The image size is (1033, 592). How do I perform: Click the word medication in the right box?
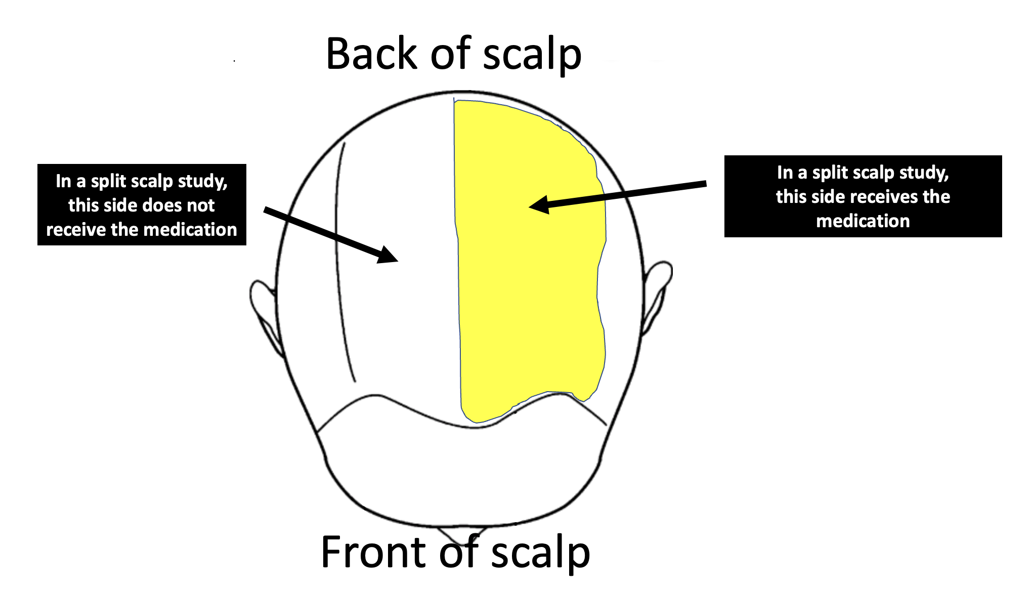coord(863,221)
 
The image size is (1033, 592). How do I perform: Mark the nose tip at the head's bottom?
coord(461,534)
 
